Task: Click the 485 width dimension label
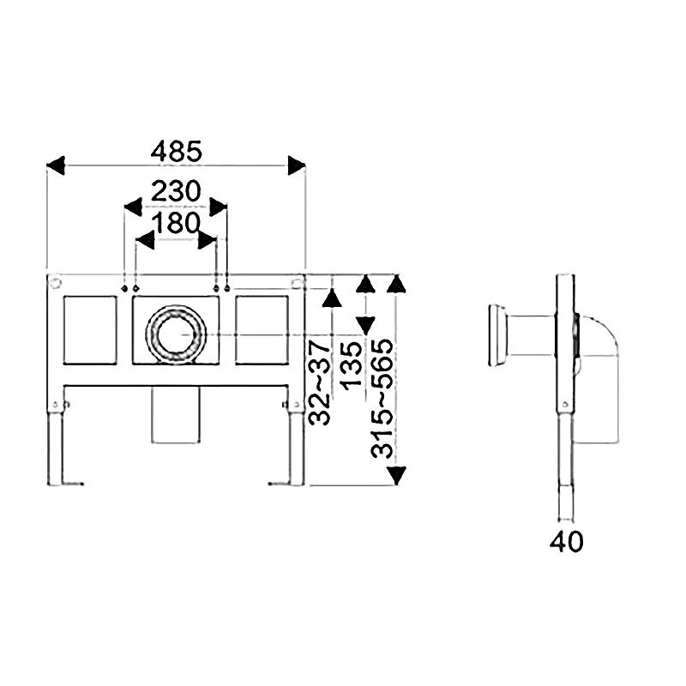[177, 152]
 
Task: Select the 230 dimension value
[176, 191]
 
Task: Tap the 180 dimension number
[176, 223]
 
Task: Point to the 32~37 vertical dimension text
[319, 383]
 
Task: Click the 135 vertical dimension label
[352, 366]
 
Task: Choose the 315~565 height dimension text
[382, 398]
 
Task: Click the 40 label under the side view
[566, 542]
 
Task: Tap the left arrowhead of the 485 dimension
[56, 165]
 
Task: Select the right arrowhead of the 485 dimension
[296, 165]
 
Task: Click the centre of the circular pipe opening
[176, 334]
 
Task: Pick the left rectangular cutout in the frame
[90, 330]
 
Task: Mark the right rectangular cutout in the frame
[262, 330]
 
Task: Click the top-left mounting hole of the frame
[56, 283]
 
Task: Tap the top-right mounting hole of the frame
[296, 282]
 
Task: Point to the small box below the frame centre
[176, 415]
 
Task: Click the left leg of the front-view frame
[54, 446]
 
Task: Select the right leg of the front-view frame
[297, 446]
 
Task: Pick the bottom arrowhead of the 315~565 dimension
[396, 476]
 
